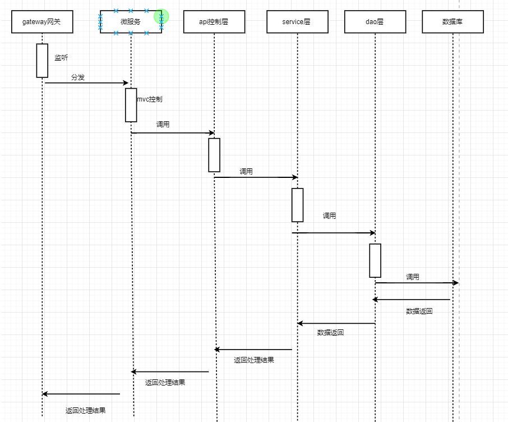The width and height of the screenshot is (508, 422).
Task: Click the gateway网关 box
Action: point(41,22)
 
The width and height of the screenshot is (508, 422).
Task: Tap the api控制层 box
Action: point(214,22)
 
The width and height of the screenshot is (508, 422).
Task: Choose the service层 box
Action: point(297,22)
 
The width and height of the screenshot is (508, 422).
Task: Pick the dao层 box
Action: point(374,22)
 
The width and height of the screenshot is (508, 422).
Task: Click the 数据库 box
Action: point(452,22)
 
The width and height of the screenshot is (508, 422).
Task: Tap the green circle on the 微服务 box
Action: point(161,17)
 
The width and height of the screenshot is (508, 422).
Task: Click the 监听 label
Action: point(61,58)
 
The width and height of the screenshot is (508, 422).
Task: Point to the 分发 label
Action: point(78,77)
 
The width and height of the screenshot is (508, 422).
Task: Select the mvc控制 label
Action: point(150,99)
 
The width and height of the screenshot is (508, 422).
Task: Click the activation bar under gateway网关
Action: point(42,61)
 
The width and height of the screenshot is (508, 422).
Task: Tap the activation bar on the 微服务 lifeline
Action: point(131,105)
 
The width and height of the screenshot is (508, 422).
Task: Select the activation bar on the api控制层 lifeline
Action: point(214,155)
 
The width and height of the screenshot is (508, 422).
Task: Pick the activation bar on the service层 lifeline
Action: point(297,205)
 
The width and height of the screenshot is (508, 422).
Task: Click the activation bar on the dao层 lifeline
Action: point(375,260)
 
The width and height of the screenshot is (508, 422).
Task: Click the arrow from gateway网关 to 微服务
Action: point(87,83)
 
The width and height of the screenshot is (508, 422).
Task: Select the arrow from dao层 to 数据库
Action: point(417,283)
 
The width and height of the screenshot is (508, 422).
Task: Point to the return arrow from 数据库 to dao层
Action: point(412,300)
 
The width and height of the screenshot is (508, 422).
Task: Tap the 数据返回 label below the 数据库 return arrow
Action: point(419,311)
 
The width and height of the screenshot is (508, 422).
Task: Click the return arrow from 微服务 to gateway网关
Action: point(81,394)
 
